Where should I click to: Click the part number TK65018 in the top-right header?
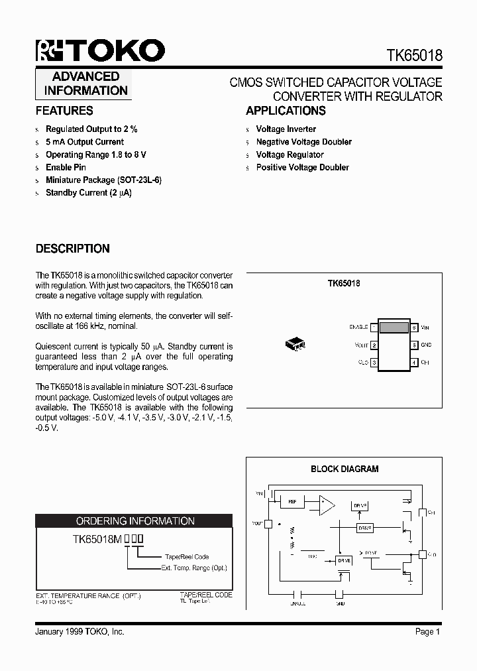click(x=414, y=56)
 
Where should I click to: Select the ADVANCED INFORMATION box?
click(x=85, y=84)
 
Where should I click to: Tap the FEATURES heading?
click(x=64, y=111)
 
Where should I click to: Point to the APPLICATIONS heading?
click(x=286, y=111)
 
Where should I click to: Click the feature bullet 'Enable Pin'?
click(x=66, y=167)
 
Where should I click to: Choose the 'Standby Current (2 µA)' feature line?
click(x=88, y=193)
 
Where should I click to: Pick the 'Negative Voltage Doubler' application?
click(x=303, y=142)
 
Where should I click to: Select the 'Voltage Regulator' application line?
click(x=290, y=154)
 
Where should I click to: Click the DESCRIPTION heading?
click(x=72, y=249)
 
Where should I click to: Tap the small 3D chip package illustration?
click(x=294, y=344)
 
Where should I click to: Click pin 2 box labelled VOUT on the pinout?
click(x=374, y=345)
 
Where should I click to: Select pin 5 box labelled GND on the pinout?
click(x=414, y=345)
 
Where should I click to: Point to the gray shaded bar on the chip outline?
click(x=394, y=327)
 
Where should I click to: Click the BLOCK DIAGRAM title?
click(x=344, y=469)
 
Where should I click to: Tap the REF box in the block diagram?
click(x=291, y=502)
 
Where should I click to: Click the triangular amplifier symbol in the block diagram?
click(x=327, y=505)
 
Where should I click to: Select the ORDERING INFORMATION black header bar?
click(x=134, y=521)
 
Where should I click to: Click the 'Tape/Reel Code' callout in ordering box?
click(x=187, y=557)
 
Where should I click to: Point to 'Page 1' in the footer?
click(x=427, y=632)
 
